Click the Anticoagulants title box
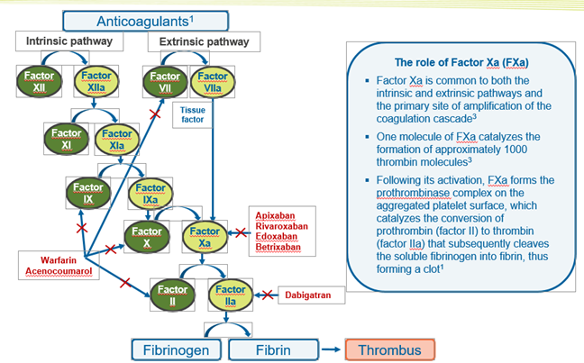click(x=149, y=19)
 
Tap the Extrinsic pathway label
click(x=204, y=41)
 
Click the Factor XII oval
click(x=38, y=82)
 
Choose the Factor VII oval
click(x=164, y=82)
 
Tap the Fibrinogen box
click(x=177, y=348)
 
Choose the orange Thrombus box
click(x=390, y=348)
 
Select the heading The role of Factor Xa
click(x=462, y=60)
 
